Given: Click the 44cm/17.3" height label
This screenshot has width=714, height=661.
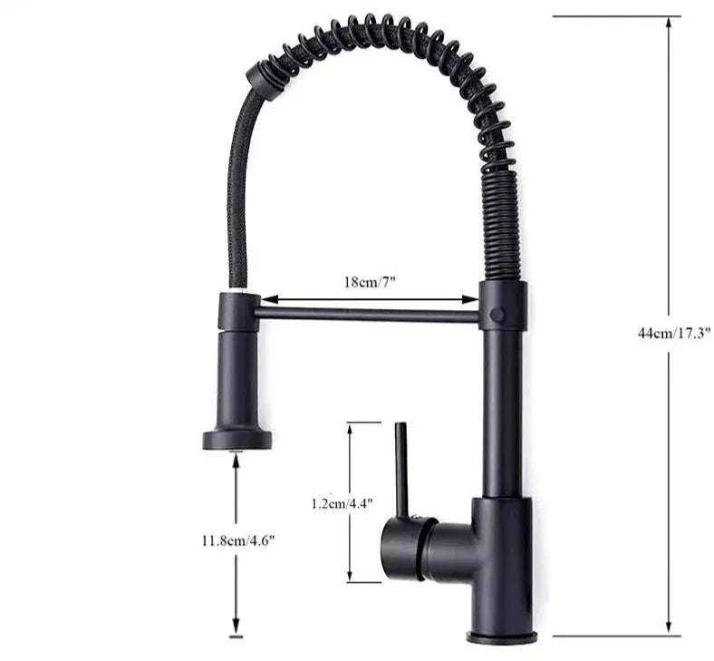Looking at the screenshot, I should (x=673, y=333).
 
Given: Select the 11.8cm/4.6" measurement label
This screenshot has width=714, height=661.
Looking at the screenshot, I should (x=238, y=540).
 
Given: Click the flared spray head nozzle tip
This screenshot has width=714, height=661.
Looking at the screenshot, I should (x=236, y=440).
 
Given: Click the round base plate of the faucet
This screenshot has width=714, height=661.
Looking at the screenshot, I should (x=501, y=637).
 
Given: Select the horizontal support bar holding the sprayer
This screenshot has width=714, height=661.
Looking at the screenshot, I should (x=367, y=314).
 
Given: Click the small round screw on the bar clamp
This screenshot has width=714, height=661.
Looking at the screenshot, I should (x=497, y=314).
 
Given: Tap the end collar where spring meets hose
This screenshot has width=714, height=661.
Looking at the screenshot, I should (x=264, y=78).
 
